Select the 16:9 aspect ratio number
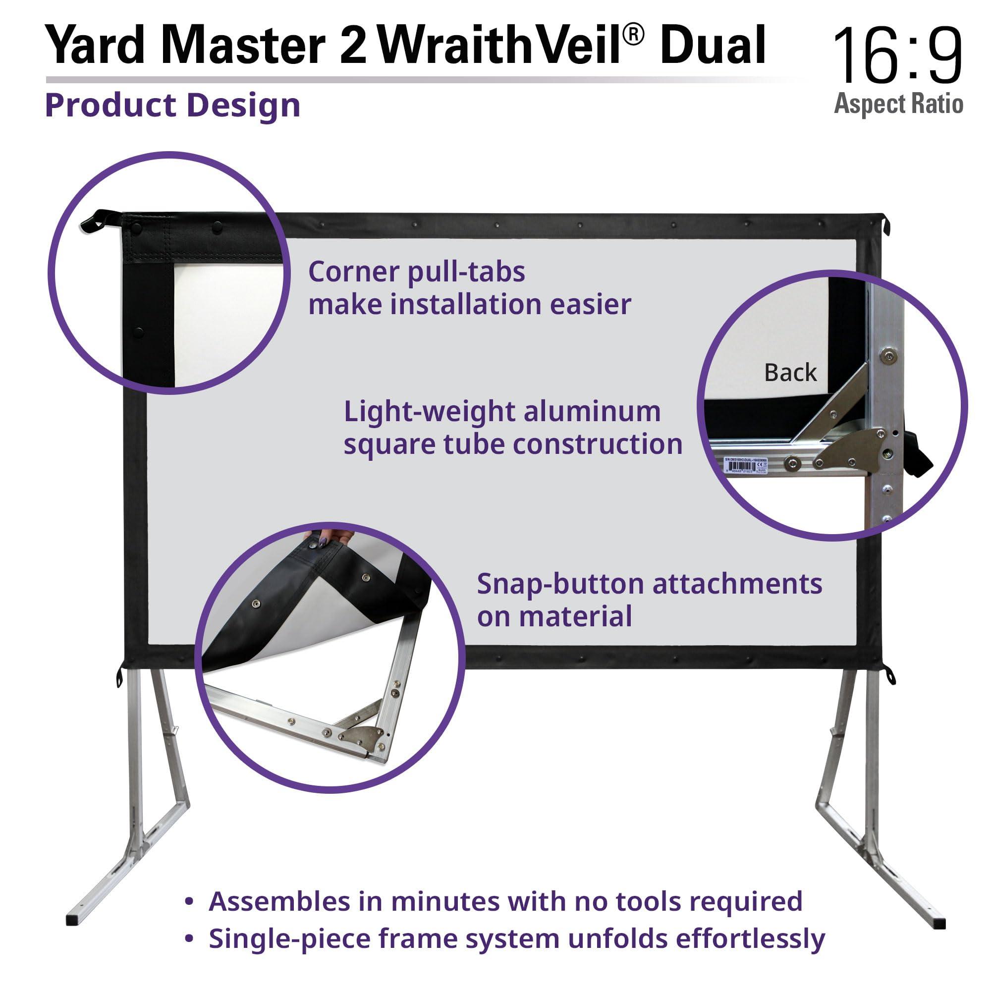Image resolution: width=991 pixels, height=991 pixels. point(897,55)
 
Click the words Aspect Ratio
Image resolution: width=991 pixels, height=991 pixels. point(898,104)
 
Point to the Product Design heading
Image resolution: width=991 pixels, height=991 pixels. point(172,106)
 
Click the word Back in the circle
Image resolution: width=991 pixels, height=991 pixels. point(790,373)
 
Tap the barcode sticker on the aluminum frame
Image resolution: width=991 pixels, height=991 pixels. point(745,465)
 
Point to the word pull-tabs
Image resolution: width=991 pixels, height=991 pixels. point(466,272)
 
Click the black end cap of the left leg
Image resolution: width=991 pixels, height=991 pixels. point(74,918)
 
